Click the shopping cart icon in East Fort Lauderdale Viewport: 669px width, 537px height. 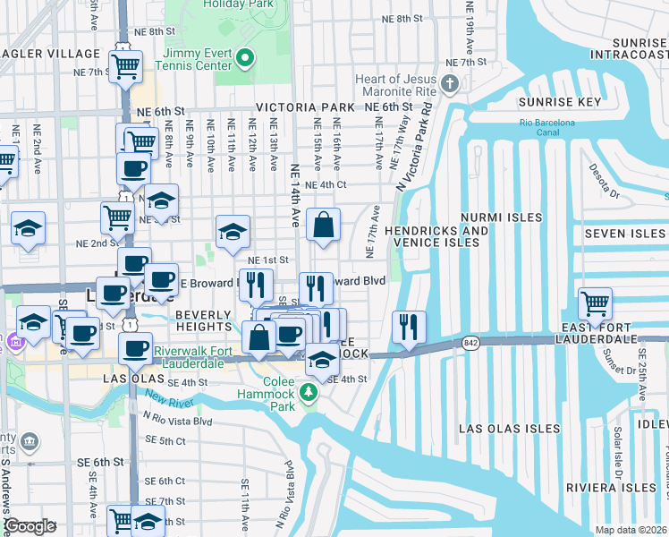(x=595, y=303)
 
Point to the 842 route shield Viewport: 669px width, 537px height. (x=470, y=343)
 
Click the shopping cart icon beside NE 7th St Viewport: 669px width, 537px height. (x=125, y=65)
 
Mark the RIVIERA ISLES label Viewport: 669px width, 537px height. (x=611, y=488)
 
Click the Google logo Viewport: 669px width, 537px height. (x=30, y=526)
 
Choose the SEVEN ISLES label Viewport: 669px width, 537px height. (x=624, y=234)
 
